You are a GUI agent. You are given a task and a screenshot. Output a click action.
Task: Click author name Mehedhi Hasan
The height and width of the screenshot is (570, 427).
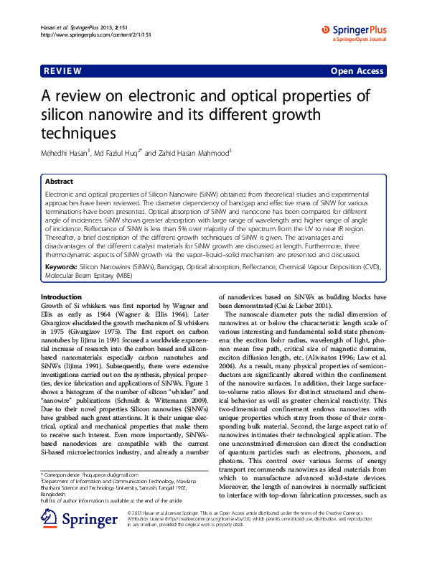(70, 153)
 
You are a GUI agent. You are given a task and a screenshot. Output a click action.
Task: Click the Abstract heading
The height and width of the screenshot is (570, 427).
(60, 182)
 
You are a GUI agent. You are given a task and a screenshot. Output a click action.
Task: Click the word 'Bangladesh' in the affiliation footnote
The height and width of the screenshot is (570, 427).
(57, 495)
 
